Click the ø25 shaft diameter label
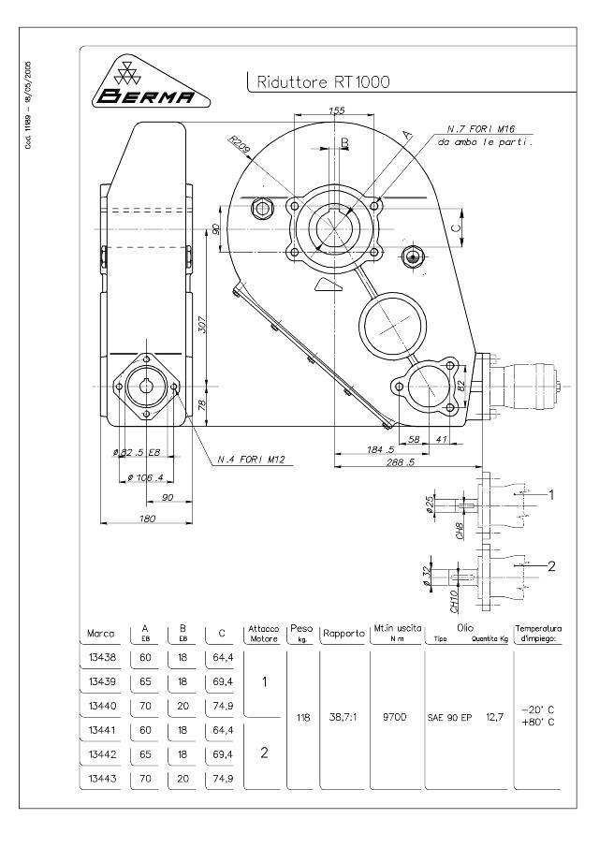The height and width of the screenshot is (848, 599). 430,505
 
